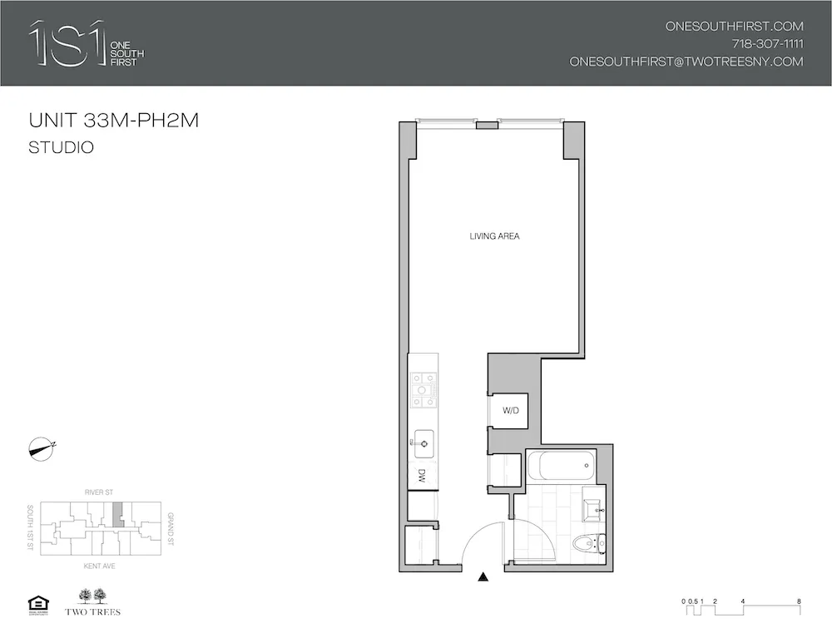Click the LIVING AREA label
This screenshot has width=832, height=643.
pos(494,237)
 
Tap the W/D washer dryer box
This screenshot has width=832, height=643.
pos(510,411)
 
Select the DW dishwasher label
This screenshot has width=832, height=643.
pos(422,476)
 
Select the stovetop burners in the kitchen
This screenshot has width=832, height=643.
pos(423,383)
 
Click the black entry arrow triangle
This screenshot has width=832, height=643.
pos(483,576)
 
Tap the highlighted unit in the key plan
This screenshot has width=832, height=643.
pos(117,514)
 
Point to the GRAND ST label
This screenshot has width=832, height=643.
pos(171,529)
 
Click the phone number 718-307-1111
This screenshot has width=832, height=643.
pos(767,44)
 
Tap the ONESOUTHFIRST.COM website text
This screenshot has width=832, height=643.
pos(734,26)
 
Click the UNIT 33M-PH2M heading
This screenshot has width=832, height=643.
pos(113,121)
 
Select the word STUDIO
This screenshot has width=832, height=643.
pos(61,148)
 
